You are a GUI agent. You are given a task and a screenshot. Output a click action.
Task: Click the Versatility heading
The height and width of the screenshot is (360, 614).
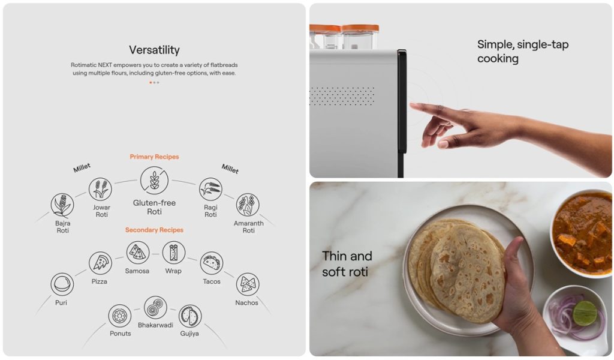[154, 50]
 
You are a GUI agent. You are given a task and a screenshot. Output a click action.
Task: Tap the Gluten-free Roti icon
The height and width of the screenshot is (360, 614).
[154, 181]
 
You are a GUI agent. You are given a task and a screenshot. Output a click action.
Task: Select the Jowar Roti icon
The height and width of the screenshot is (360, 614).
[100, 189]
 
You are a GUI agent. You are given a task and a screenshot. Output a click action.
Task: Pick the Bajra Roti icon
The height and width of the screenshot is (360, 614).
[62, 205]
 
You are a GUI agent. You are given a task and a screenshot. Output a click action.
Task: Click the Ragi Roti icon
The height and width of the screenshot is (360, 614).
[210, 189]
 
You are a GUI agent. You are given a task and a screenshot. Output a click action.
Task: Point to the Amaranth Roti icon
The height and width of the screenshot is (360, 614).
[248, 205]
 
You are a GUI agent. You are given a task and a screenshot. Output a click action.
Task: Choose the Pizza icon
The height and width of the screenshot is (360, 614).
[100, 263]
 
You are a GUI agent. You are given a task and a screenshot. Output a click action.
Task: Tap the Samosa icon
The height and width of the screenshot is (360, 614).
[138, 253]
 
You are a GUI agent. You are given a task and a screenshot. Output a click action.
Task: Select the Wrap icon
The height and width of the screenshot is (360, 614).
[173, 253]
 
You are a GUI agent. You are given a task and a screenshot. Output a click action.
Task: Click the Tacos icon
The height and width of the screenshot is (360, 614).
[212, 263]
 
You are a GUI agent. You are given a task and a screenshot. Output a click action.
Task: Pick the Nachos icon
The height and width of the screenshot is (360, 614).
[248, 284]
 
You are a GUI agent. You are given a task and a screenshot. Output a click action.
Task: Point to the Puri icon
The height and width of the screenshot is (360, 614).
[62, 284]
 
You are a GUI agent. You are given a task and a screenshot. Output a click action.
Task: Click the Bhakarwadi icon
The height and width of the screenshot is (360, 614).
[155, 308]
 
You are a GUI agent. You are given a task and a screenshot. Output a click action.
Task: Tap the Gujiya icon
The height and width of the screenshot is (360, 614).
[190, 316]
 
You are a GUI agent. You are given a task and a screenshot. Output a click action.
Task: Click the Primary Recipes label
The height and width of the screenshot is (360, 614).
[154, 157]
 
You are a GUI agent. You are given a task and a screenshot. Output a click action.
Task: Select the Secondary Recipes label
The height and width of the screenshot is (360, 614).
[154, 230]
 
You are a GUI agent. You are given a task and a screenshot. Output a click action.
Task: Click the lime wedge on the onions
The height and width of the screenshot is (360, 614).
[585, 313]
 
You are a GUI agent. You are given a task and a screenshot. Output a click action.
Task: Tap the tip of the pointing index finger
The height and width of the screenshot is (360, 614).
[411, 104]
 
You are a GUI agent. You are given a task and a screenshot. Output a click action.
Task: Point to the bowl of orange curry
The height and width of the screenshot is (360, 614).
[582, 232]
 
